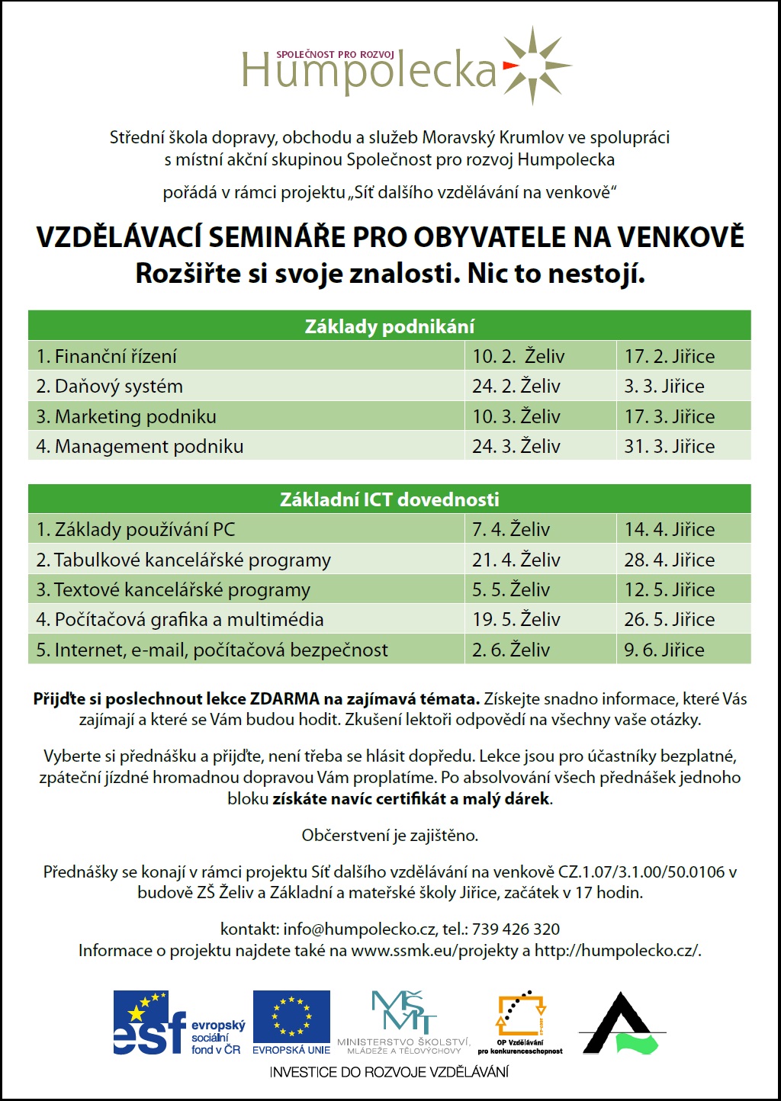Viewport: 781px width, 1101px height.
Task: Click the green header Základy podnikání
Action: (389, 326)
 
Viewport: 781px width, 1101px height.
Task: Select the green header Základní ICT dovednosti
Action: (389, 499)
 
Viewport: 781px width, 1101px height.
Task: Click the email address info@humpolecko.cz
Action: (359, 929)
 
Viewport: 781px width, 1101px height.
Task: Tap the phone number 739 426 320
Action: (516, 929)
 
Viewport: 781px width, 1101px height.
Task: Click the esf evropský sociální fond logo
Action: (179, 1023)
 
